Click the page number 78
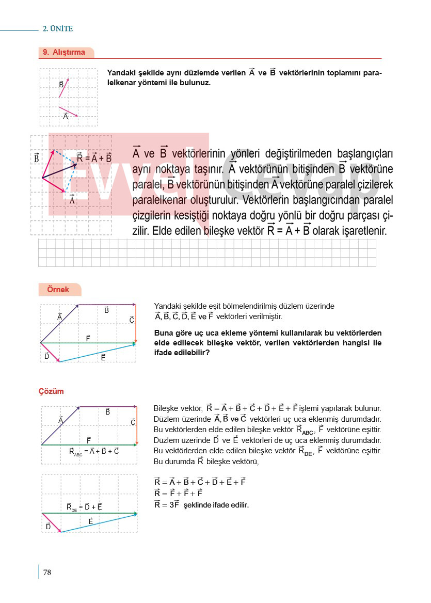tap(47, 572)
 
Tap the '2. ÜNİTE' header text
tap(58, 29)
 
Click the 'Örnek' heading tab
tap(58, 290)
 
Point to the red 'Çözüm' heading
tap(51, 391)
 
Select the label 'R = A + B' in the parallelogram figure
tap(94, 158)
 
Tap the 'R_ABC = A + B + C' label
tap(94, 451)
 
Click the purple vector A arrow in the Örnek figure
tap(59, 324)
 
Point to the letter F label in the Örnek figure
tap(88, 338)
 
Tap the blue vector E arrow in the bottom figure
tap(98, 523)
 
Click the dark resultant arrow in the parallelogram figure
tap(59, 171)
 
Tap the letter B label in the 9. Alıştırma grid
tap(61, 84)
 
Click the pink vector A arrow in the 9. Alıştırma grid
tap(68, 112)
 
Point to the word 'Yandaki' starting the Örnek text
tap(167, 306)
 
